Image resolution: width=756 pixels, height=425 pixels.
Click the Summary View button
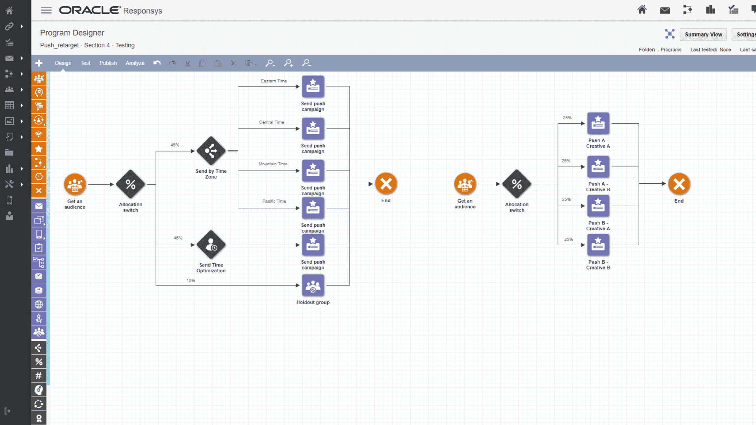pos(703,35)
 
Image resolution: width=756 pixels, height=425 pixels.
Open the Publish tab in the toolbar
pos(108,63)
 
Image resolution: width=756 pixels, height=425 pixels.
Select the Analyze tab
pos(135,63)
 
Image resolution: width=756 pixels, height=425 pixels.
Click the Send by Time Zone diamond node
pos(211,151)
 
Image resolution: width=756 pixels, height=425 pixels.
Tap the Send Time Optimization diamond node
pos(211,245)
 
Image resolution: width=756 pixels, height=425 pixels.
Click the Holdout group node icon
pos(313,286)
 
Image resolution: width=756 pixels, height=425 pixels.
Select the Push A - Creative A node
pos(598,124)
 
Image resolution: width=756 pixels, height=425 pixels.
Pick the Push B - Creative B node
pos(598,245)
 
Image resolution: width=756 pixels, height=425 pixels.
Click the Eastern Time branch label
pos(274,81)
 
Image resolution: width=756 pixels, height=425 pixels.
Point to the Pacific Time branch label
pos(274,201)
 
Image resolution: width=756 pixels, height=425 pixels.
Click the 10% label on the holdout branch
pos(191,281)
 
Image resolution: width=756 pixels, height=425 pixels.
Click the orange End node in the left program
pos(386,184)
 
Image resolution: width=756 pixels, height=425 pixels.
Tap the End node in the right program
pos(679,184)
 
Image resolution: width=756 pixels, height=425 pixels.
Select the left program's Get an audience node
pos(75,184)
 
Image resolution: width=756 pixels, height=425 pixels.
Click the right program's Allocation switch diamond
pos(517,184)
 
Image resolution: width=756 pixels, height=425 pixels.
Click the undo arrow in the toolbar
pos(157,63)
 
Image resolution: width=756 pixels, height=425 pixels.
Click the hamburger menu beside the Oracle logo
pos(46,11)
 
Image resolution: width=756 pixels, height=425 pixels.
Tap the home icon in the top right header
pos(642,10)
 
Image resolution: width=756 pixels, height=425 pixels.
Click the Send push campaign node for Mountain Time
pos(313,171)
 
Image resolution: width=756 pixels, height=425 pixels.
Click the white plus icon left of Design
pos(39,63)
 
